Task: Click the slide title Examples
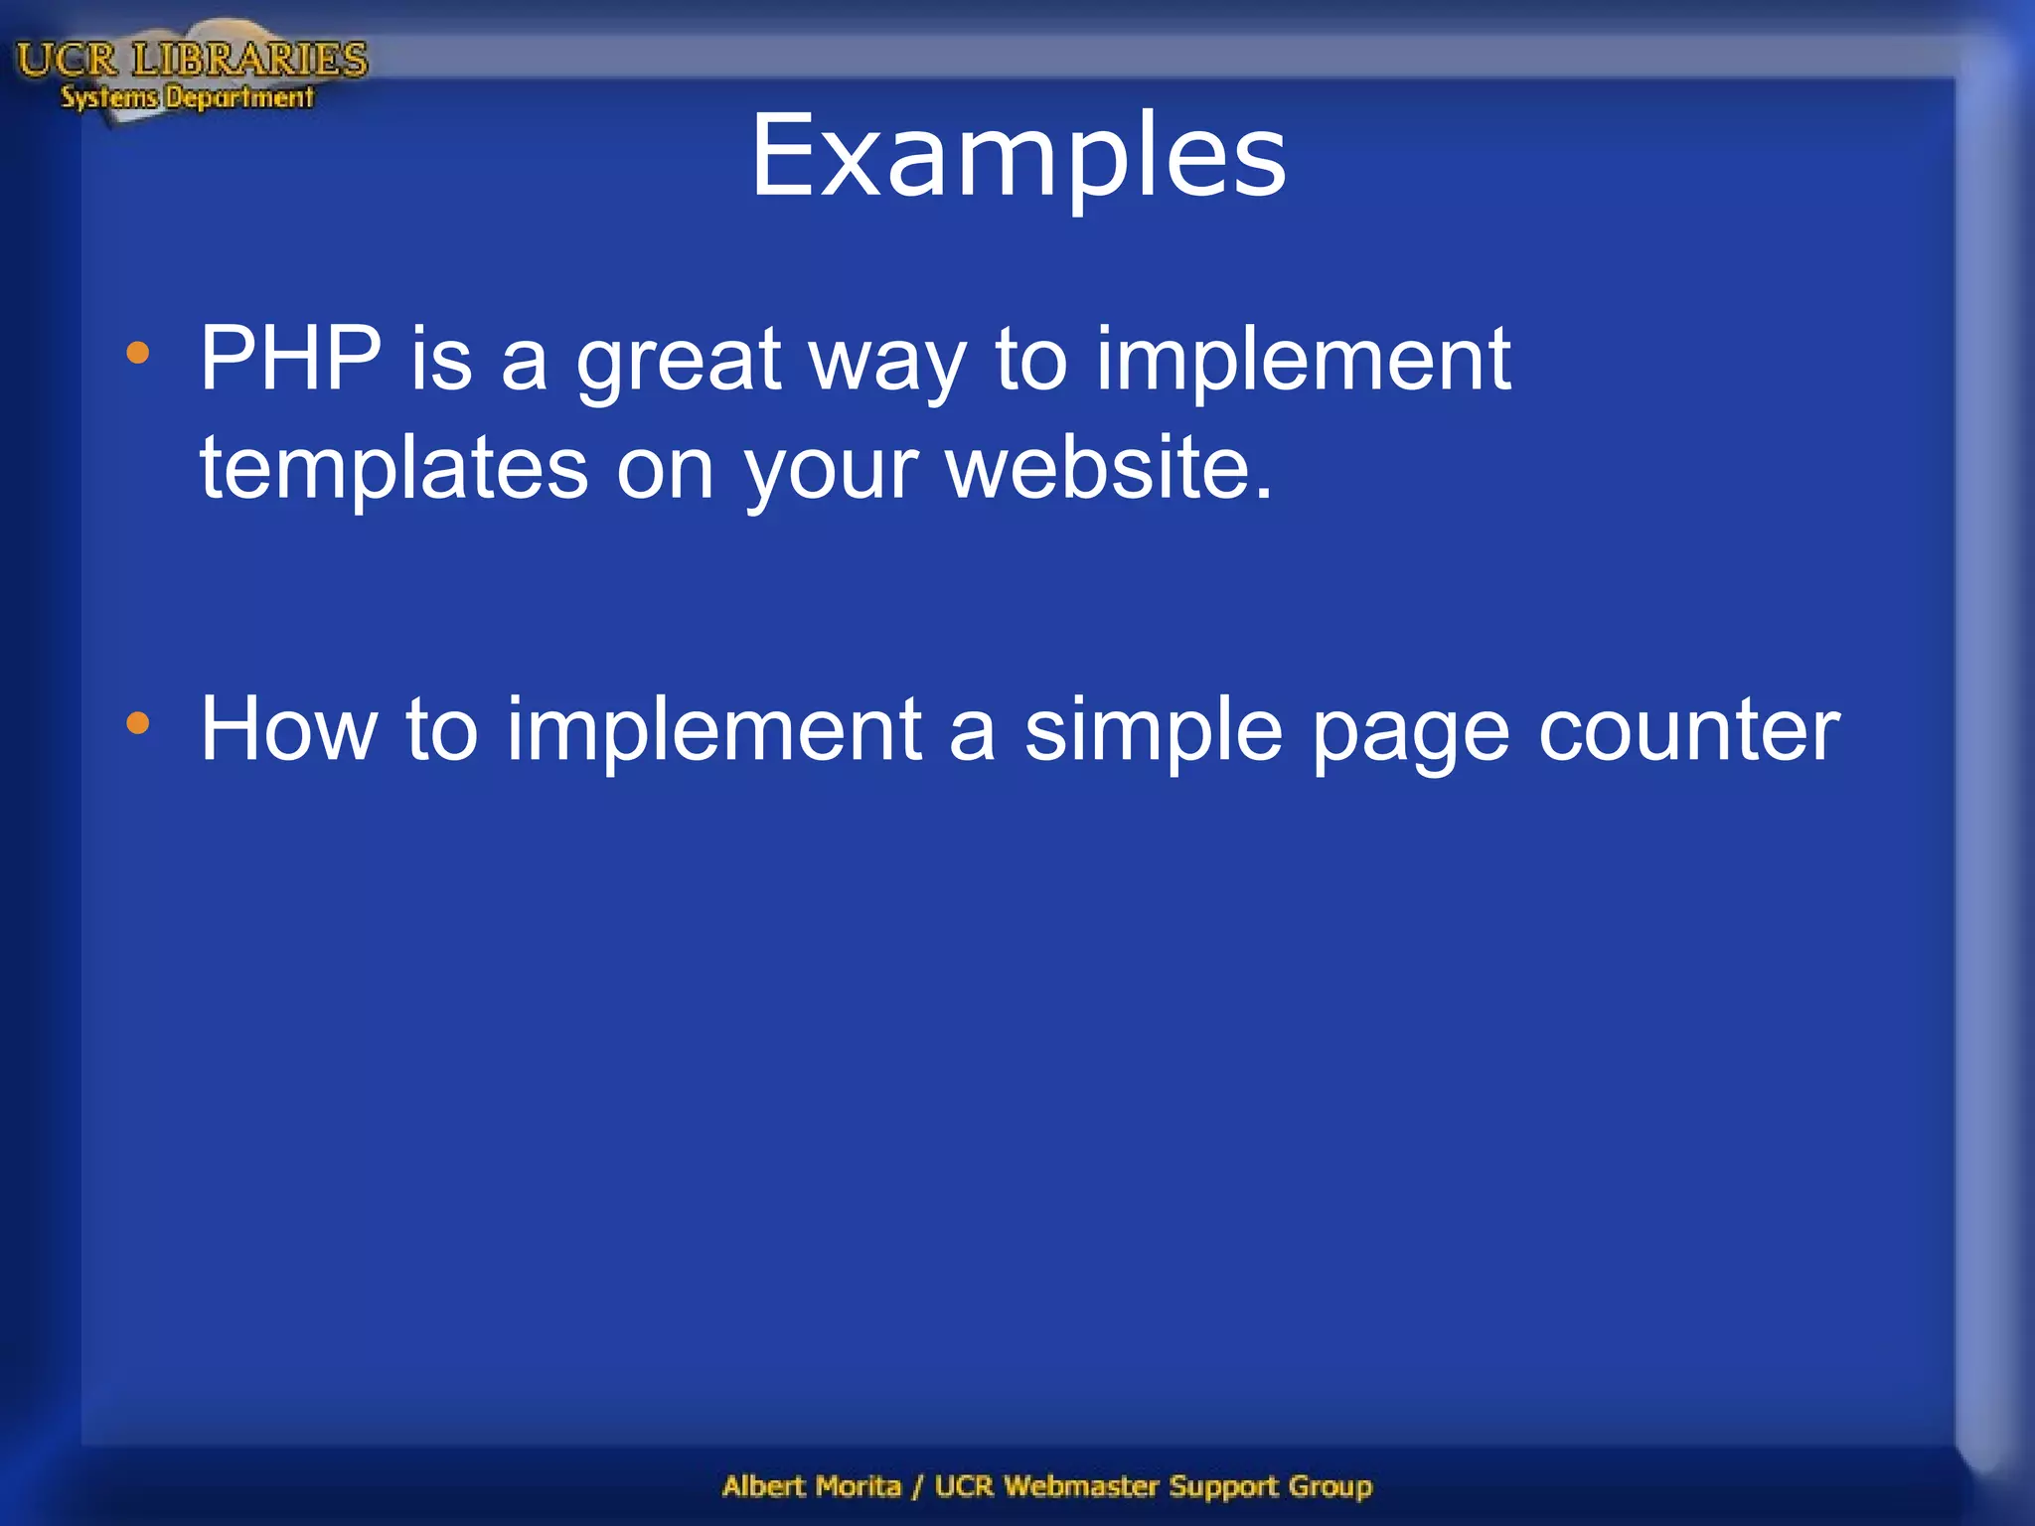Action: click(1017, 156)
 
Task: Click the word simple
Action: click(1153, 730)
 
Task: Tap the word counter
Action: click(1688, 730)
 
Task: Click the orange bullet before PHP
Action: click(138, 353)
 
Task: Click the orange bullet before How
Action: click(138, 723)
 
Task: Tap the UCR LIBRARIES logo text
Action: click(192, 60)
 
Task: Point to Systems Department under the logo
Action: click(187, 97)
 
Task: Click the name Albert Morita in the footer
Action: click(811, 1486)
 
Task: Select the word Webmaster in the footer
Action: click(1081, 1486)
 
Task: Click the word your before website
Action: click(831, 470)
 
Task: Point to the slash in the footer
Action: click(918, 1487)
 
